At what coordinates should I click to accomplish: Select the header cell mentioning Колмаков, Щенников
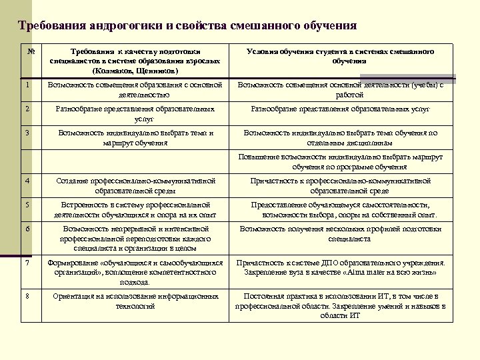[136, 61]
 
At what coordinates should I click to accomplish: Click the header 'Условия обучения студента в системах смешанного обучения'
[340, 56]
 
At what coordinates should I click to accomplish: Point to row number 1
[26, 85]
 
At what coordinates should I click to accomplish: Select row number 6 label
[26, 228]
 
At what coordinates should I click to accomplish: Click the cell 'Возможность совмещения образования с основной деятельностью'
[136, 89]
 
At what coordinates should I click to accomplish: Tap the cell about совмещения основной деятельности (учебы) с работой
[340, 89]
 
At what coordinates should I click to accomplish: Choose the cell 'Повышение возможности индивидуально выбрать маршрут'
[340, 161]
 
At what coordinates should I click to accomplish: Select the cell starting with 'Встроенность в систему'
[136, 209]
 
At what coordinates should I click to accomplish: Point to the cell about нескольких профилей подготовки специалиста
[340, 233]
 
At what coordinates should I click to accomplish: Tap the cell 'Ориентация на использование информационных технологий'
[136, 301]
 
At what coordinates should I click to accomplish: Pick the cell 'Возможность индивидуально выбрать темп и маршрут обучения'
[136, 137]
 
